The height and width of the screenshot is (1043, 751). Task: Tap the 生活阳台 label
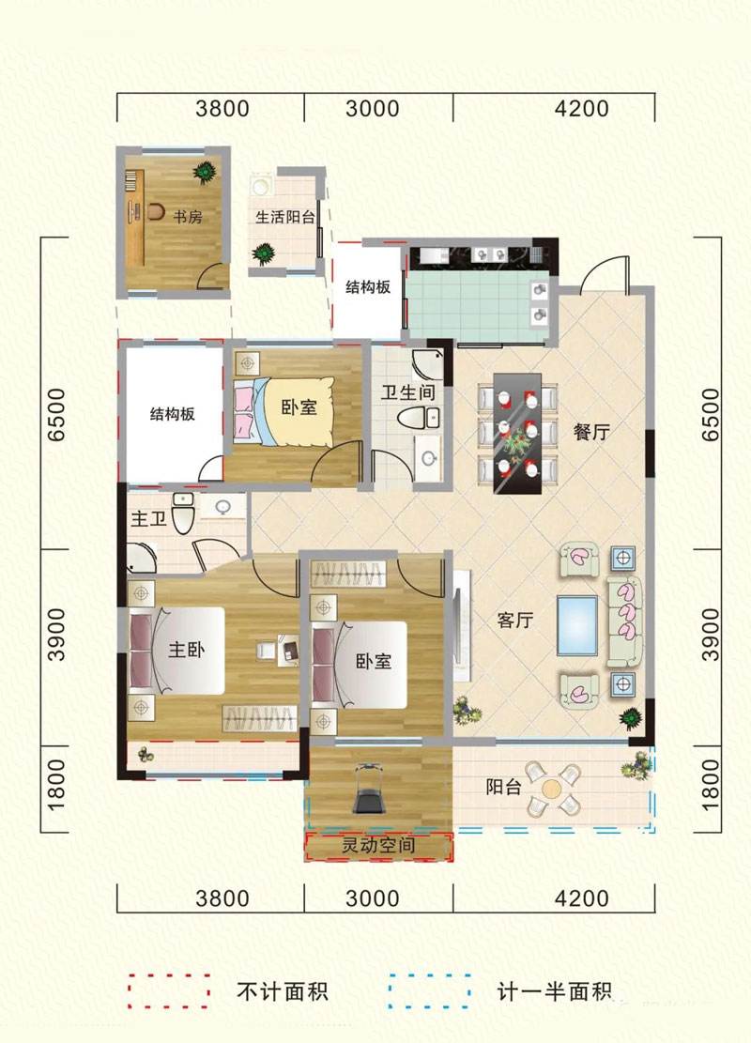coord(285,216)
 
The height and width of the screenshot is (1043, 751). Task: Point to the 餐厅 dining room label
coord(592,432)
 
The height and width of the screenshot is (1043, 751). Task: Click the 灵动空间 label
coord(378,847)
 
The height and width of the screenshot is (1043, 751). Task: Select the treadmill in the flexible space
coord(369,788)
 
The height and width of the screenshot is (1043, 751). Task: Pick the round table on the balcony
coord(554,788)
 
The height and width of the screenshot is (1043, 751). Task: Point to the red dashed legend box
coord(169,990)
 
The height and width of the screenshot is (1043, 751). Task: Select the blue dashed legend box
coord(430,990)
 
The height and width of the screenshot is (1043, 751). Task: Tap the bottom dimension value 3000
coord(373,898)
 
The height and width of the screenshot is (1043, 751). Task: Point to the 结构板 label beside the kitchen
coord(369,286)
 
